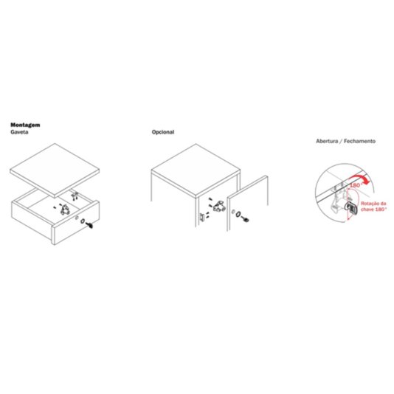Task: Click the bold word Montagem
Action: coord(25,125)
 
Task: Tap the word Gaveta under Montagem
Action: coord(19,132)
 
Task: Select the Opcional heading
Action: coord(163,132)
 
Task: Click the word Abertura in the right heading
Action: coord(327,141)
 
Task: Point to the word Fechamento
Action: coord(359,141)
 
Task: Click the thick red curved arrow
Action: coord(361,179)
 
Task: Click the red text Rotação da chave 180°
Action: coord(373,207)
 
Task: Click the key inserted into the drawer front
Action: coord(89,225)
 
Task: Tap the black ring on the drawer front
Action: coord(83,221)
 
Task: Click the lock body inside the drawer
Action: coord(66,210)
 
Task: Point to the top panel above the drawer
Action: coord(55,170)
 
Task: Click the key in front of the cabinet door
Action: coord(245,219)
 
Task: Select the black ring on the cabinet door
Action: coord(238,214)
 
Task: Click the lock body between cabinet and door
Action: coord(219,206)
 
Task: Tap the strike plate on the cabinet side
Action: coord(202,218)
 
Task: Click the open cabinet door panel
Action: coord(247,203)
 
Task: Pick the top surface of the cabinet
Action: coord(196,170)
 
